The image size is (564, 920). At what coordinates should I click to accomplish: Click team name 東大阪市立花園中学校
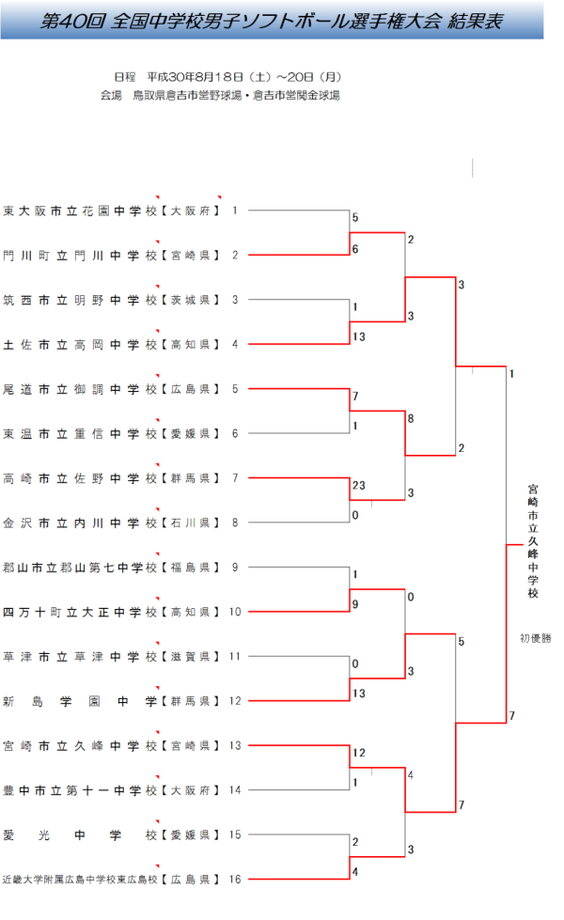point(79,211)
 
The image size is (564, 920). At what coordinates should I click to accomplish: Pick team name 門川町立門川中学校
point(79,256)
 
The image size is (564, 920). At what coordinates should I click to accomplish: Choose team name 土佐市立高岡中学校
point(79,344)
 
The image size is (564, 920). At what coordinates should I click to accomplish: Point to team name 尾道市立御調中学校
point(79,389)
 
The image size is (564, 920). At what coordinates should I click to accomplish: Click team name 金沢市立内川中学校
point(79,522)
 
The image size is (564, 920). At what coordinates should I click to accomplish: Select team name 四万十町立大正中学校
point(79,612)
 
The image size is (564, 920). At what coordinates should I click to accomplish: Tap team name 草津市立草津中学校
point(79,656)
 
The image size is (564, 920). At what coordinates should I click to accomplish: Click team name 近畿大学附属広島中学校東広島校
point(79,880)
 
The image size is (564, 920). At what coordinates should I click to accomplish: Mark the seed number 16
point(235,880)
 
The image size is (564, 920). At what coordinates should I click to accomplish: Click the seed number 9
point(235,567)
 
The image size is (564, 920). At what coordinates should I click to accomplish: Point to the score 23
point(359,487)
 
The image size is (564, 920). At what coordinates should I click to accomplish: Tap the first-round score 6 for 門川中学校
point(355,249)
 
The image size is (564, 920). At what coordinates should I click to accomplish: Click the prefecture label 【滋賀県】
point(189,656)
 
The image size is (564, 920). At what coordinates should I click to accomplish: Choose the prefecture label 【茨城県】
point(189,300)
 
